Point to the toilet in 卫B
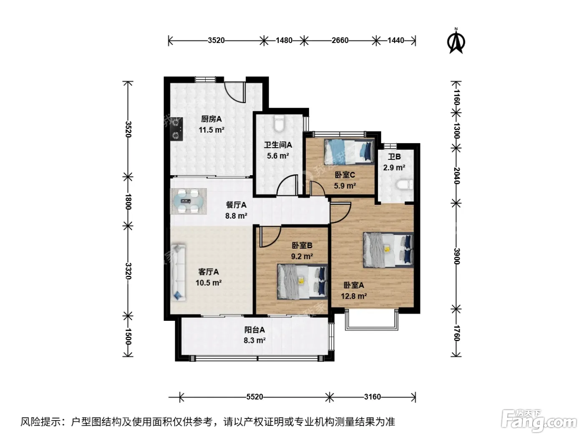point(404,184)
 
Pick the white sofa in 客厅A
point(178,272)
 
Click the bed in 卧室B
point(302,282)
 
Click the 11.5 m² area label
point(211,130)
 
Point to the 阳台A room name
point(254,330)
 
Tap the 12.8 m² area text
point(354,296)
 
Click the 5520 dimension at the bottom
point(254,397)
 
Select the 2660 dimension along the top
point(340,40)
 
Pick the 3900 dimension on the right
point(456,257)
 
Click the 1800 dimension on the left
point(128,201)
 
